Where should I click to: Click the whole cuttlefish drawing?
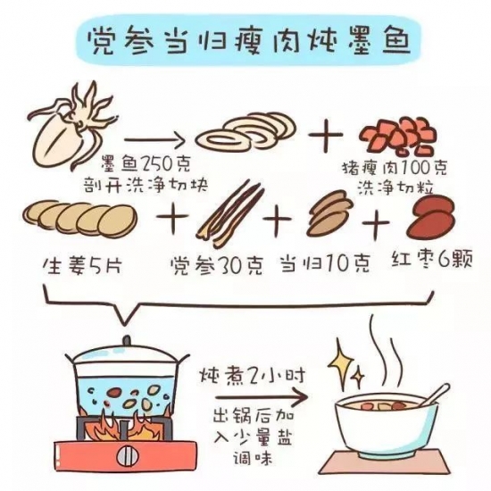click(x=62, y=131)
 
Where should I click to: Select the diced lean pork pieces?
click(x=397, y=137)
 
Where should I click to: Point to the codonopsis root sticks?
click(x=230, y=213)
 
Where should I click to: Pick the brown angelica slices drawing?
click(x=329, y=213)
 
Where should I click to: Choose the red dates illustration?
click(x=431, y=220)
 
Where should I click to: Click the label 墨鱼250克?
click(x=146, y=164)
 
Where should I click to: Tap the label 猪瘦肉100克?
click(x=395, y=168)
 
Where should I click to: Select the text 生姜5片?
click(x=82, y=266)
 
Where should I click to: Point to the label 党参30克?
click(x=217, y=266)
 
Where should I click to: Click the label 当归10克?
click(x=326, y=263)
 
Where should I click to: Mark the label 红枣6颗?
click(x=432, y=259)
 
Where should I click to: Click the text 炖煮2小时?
click(x=253, y=376)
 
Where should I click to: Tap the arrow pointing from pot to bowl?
click(x=262, y=397)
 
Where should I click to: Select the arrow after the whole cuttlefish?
click(x=154, y=140)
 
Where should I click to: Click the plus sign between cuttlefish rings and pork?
click(x=326, y=136)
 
